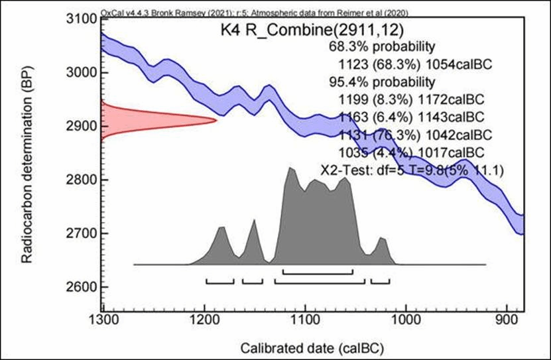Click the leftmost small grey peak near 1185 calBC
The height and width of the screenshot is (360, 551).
[222, 229]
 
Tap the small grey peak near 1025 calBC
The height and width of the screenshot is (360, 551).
[381, 238]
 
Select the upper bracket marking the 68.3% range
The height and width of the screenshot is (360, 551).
[318, 271]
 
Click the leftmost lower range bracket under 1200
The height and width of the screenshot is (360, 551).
[220, 281]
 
